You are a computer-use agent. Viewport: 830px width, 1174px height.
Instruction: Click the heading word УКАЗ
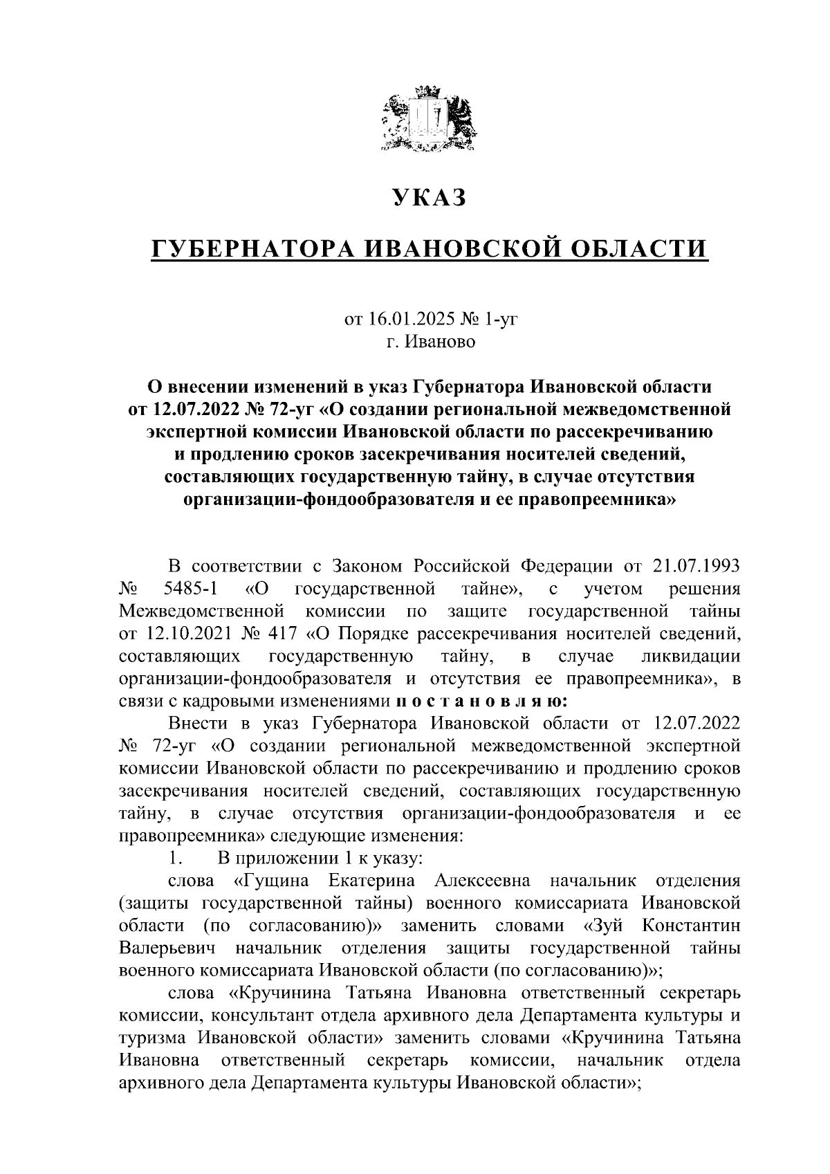point(430,197)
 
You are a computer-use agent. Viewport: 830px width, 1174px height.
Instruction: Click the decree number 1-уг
point(502,320)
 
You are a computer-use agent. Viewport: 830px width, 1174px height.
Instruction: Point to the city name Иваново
point(441,342)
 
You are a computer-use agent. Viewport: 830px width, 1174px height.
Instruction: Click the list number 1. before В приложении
point(176,859)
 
